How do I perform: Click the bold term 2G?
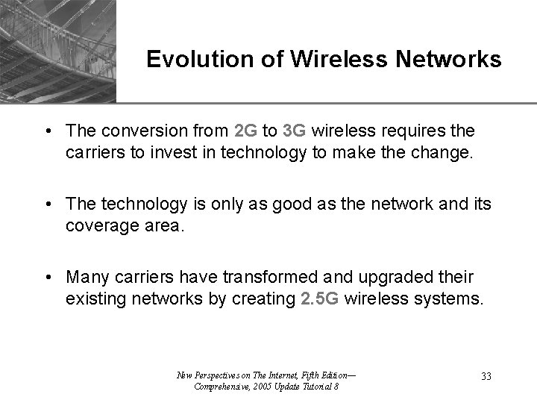[245, 131]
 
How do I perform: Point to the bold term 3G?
[295, 131]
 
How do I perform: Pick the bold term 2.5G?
[321, 300]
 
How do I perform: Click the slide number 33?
[486, 376]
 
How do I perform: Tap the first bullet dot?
[47, 131]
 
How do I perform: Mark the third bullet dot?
[47, 278]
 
